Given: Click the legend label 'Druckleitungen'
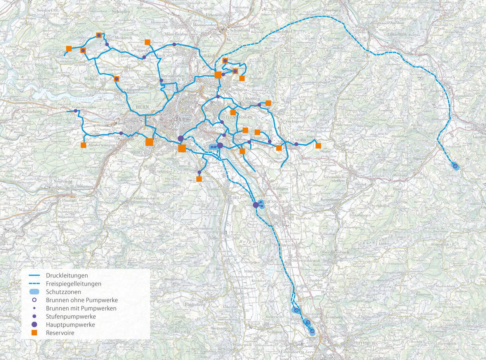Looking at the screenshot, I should click(67, 275).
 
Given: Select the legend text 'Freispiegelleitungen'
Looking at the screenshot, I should click(73, 284).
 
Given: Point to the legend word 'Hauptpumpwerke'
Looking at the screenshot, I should click(70, 325).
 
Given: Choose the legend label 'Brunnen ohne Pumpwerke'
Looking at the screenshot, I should click(82, 300).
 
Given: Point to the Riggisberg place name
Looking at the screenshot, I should click(194, 305).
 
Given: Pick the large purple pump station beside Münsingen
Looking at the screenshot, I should click(256, 205).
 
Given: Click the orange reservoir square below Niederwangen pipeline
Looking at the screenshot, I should click(83, 145).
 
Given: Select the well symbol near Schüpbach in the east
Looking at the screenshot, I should click(455, 165).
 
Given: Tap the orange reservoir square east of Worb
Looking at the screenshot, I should click(318, 146).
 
